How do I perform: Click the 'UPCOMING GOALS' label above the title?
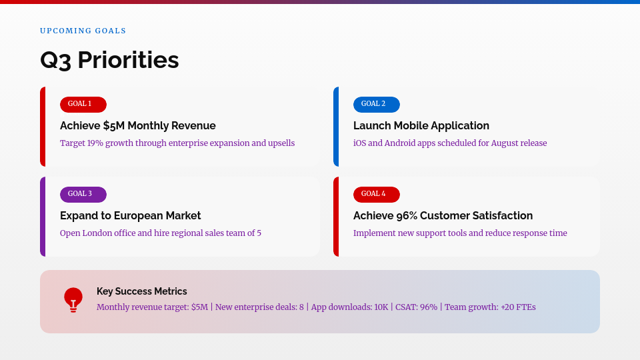[x=83, y=31]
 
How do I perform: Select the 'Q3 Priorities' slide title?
[x=109, y=60]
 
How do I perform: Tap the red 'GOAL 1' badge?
[x=83, y=104]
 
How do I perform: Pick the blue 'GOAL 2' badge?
[x=376, y=104]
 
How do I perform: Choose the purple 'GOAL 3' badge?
[x=83, y=194]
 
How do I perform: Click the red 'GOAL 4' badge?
[x=376, y=194]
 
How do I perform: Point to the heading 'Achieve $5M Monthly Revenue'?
[x=137, y=125]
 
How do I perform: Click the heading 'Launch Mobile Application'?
[x=421, y=125]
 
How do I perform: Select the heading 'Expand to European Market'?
[x=130, y=215]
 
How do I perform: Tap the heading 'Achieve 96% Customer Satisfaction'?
[x=443, y=215]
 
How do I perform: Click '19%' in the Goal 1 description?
[x=95, y=143]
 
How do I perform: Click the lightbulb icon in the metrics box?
[x=73, y=300]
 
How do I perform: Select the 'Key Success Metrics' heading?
[x=141, y=291]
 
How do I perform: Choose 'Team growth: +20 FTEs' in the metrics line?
[x=490, y=307]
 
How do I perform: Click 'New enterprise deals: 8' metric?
[x=259, y=307]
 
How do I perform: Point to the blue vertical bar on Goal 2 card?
[x=336, y=127]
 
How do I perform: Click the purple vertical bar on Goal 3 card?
[x=43, y=217]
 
